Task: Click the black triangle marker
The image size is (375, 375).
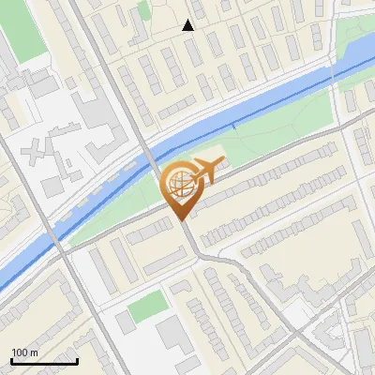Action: (188, 25)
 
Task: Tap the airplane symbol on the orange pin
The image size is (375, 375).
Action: (205, 171)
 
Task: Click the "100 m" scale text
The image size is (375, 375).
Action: (24, 352)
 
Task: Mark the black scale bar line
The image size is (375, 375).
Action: (43, 361)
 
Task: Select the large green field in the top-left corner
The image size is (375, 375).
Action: (21, 33)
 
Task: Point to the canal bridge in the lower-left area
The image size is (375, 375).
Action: (55, 238)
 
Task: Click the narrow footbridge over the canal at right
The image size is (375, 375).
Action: (235, 125)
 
